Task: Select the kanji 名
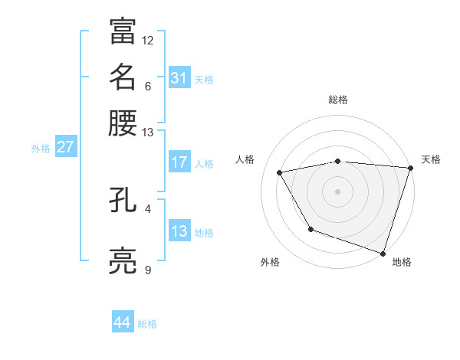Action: click(x=123, y=77)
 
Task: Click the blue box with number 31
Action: click(x=179, y=78)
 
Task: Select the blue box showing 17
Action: click(x=179, y=162)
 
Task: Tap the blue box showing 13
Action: click(x=179, y=231)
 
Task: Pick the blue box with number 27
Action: click(x=65, y=147)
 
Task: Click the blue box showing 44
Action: click(x=123, y=322)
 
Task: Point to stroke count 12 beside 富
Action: click(x=148, y=40)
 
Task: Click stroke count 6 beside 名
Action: click(x=148, y=86)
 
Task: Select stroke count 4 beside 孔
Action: click(x=148, y=208)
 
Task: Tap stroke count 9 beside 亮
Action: click(x=148, y=270)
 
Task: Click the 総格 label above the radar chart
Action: click(x=338, y=100)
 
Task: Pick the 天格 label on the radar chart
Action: click(x=431, y=159)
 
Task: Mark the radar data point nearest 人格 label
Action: click(x=280, y=173)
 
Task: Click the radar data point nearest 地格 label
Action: click(x=383, y=253)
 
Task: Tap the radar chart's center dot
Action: click(x=338, y=191)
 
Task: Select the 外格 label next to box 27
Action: click(x=41, y=149)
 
